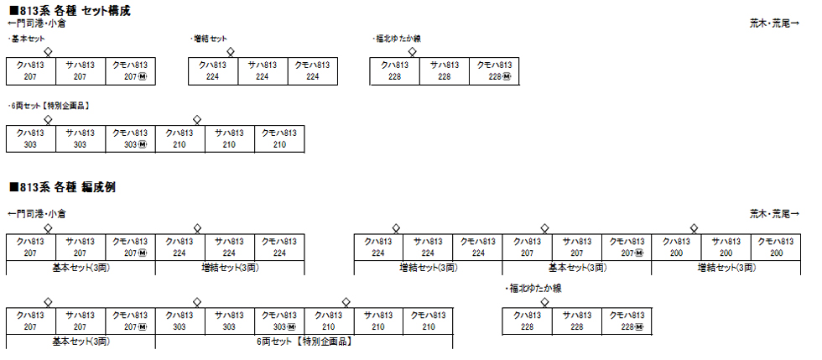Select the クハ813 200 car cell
676,247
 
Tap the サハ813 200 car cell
726,247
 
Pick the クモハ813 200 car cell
776,247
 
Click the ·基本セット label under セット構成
26,39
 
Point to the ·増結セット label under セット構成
210,39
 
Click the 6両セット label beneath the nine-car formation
304,342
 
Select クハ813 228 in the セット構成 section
394,70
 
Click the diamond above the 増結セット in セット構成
230,51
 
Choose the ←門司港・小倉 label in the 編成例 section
36,214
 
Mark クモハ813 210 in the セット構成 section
279,138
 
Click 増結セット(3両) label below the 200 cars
726,268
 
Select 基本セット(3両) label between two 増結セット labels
577,268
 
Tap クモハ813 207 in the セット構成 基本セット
130,70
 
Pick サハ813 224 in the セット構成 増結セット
262,70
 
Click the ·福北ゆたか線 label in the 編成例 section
533,288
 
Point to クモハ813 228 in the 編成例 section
626,321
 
